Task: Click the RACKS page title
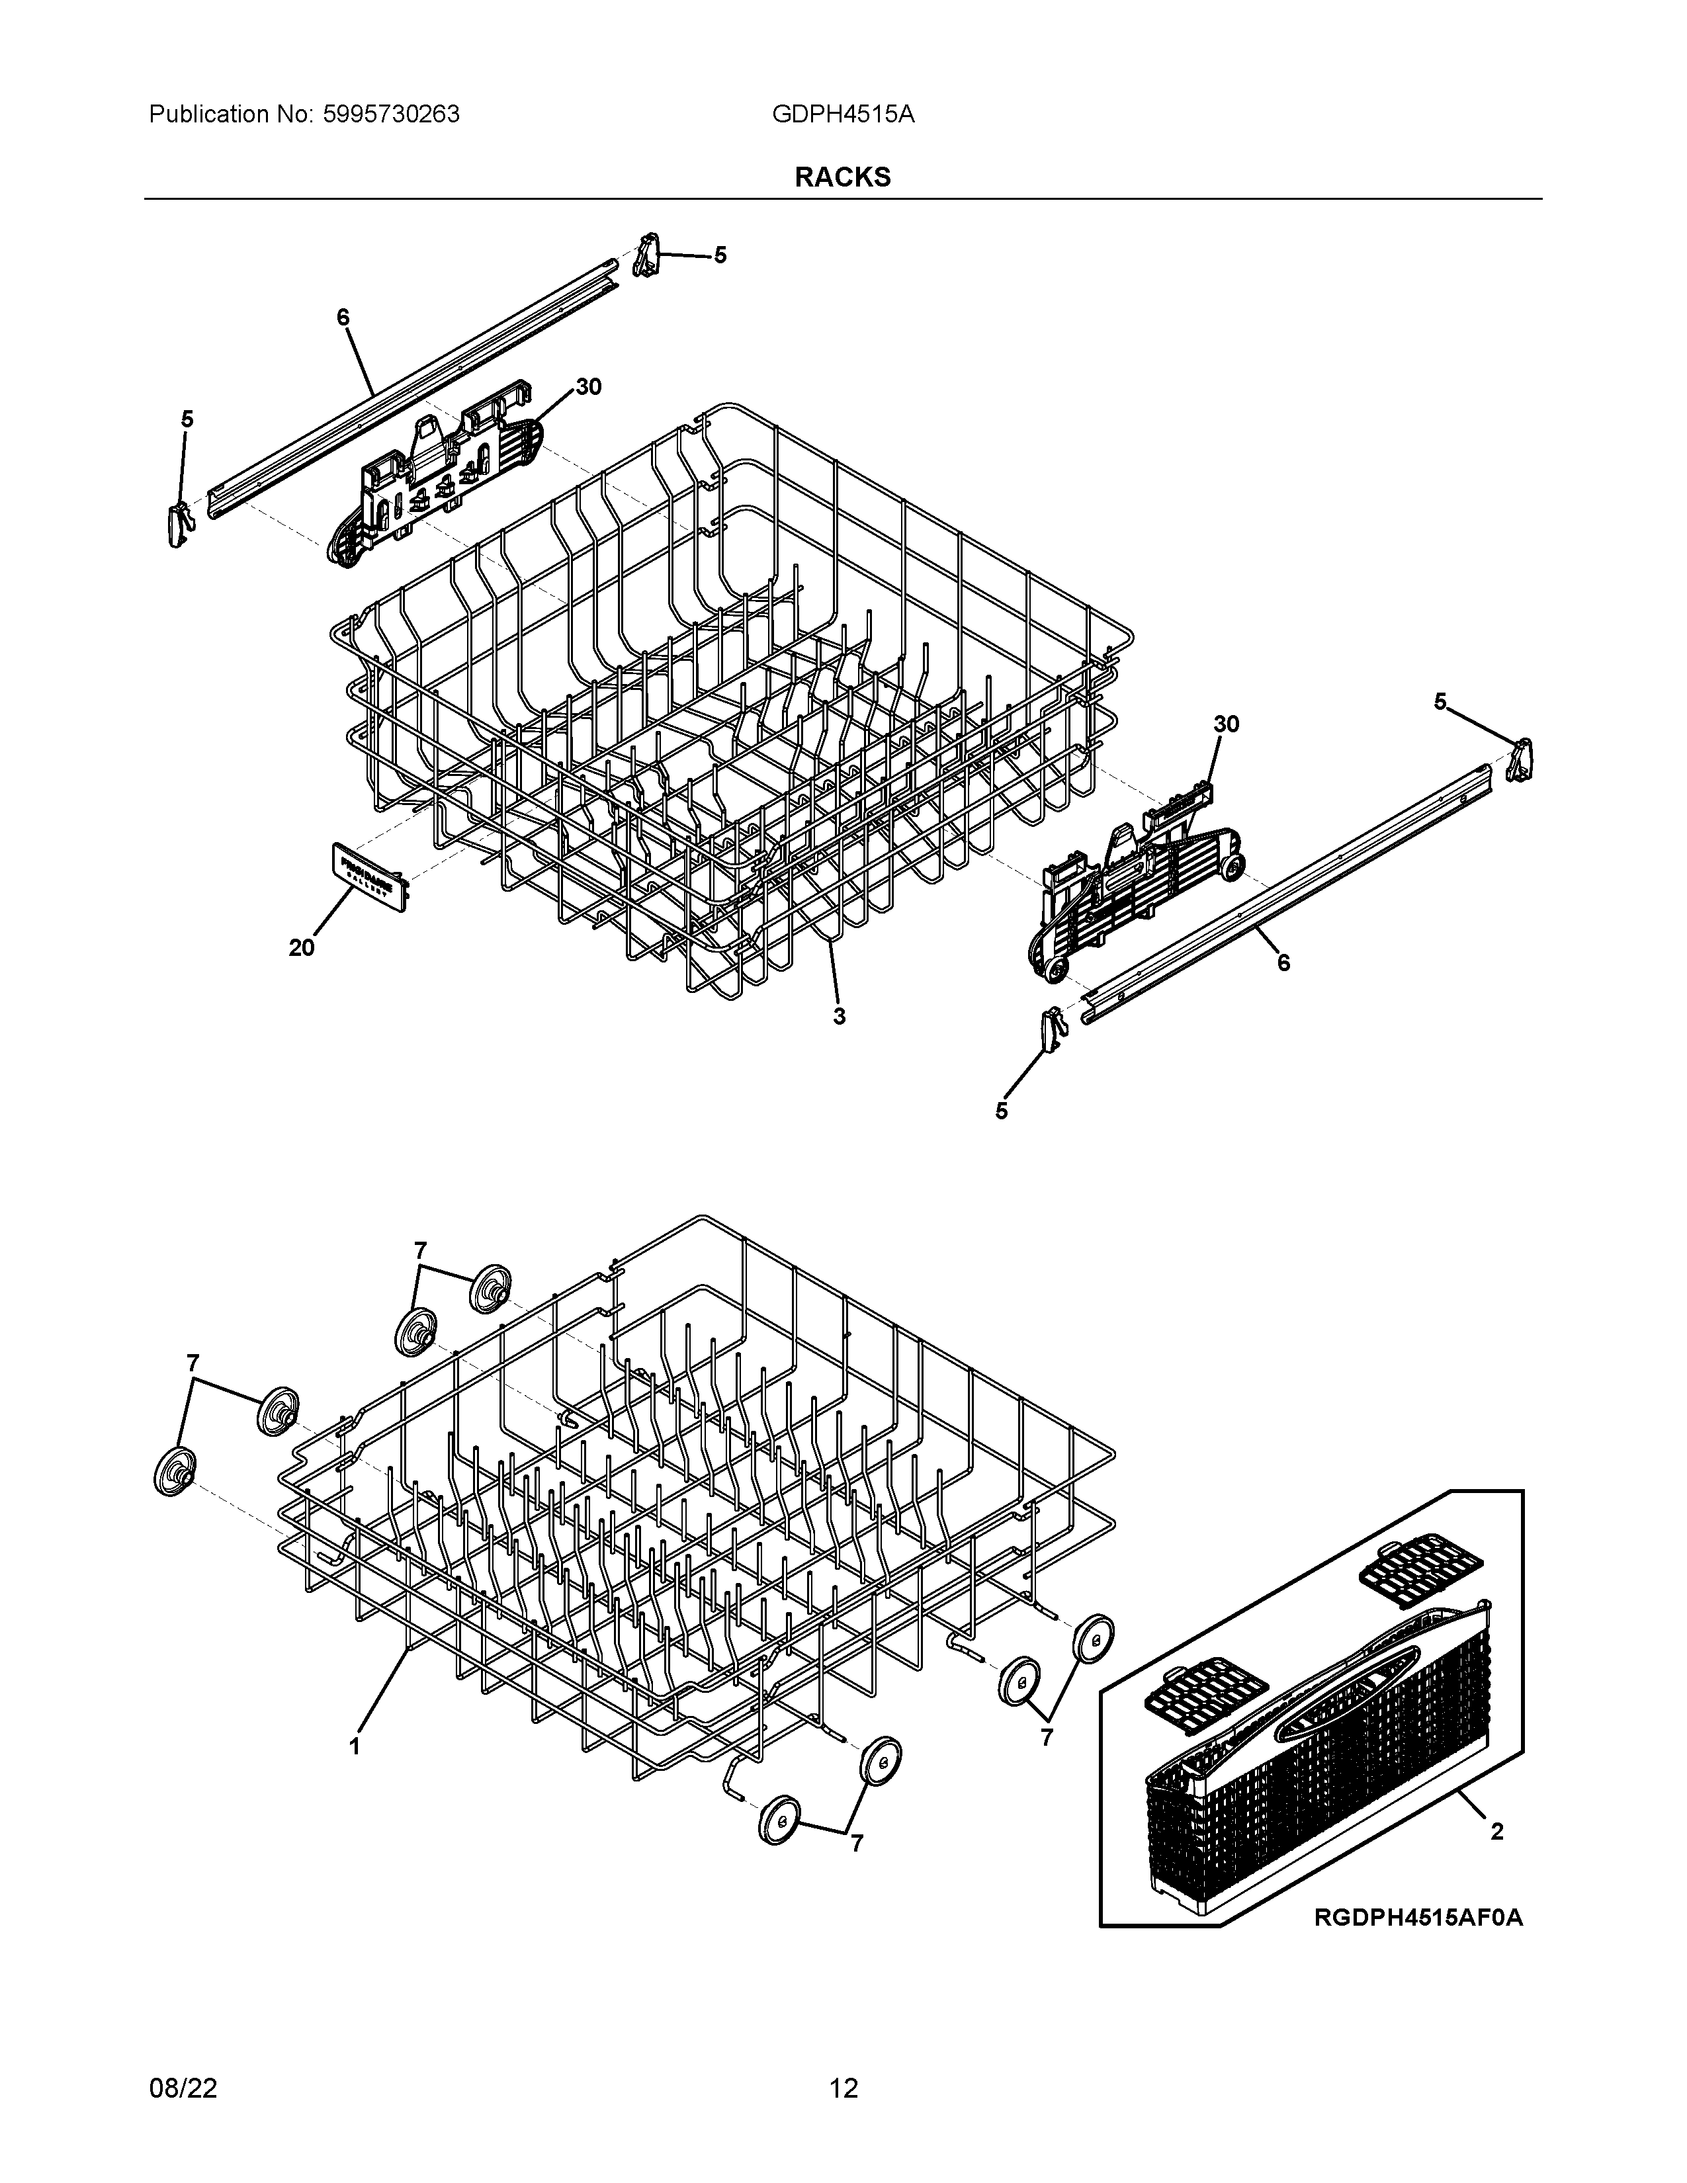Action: coord(842,177)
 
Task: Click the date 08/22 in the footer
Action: coord(183,2088)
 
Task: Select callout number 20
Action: coord(302,947)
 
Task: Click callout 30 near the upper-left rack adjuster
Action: coord(589,387)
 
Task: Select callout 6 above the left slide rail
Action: coord(343,317)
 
